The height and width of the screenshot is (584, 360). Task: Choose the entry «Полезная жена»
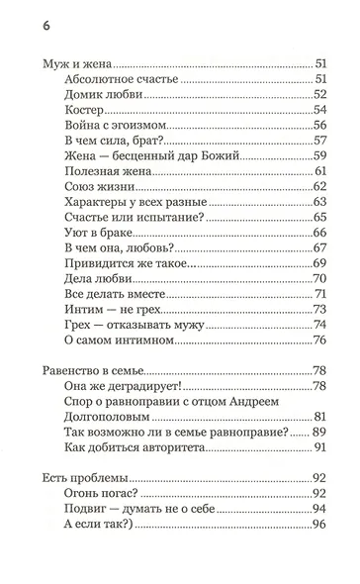click(106, 173)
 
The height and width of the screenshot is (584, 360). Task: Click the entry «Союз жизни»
click(97, 189)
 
